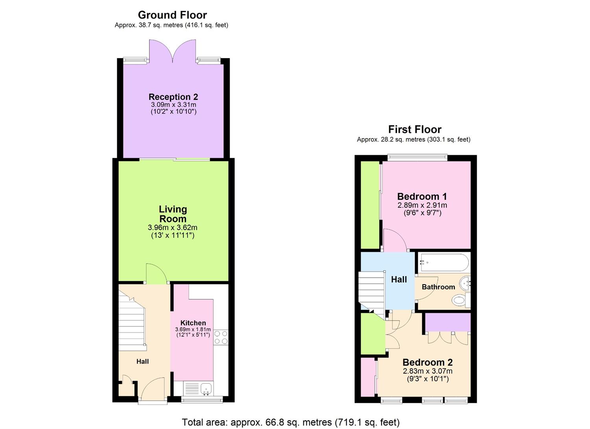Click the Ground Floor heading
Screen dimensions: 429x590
(x=172, y=15)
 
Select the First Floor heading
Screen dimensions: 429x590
(x=415, y=129)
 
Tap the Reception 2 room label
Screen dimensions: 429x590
(x=173, y=97)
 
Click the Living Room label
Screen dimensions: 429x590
(x=173, y=214)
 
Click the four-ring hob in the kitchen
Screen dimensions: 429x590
(x=221, y=337)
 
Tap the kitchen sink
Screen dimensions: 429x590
(x=206, y=389)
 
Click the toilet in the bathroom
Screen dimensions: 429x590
(x=459, y=301)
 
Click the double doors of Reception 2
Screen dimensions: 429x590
(x=173, y=50)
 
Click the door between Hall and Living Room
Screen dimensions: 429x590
(x=156, y=273)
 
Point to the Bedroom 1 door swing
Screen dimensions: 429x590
(x=395, y=241)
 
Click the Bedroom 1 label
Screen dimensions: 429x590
(x=422, y=197)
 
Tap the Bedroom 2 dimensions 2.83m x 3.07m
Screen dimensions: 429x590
(x=428, y=371)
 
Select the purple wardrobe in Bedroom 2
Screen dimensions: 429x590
(x=448, y=322)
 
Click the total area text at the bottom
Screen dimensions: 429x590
(x=291, y=422)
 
